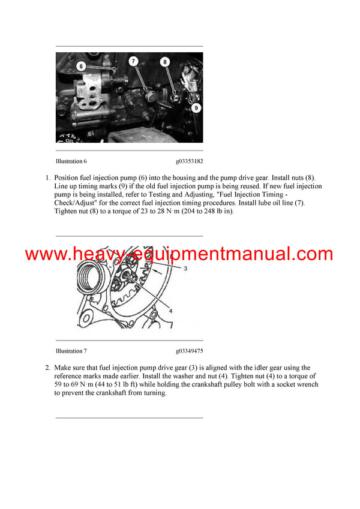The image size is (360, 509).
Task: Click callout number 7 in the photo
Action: pyautogui.click(x=133, y=61)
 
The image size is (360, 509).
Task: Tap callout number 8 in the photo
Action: pyautogui.click(x=165, y=61)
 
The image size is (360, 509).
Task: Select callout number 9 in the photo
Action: pyautogui.click(x=196, y=108)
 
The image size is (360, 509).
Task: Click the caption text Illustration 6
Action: pyautogui.click(x=71, y=161)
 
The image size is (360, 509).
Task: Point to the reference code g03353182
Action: pyautogui.click(x=190, y=161)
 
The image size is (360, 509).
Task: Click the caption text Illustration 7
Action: pyautogui.click(x=71, y=351)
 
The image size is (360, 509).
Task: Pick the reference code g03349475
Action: pyautogui.click(x=190, y=351)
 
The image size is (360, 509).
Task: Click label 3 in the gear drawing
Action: pyautogui.click(x=185, y=269)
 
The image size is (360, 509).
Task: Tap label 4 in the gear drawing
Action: pyautogui.click(x=171, y=311)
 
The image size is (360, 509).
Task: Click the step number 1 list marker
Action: pyautogui.click(x=47, y=178)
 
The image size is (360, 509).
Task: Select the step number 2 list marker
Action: pyautogui.click(x=47, y=368)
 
